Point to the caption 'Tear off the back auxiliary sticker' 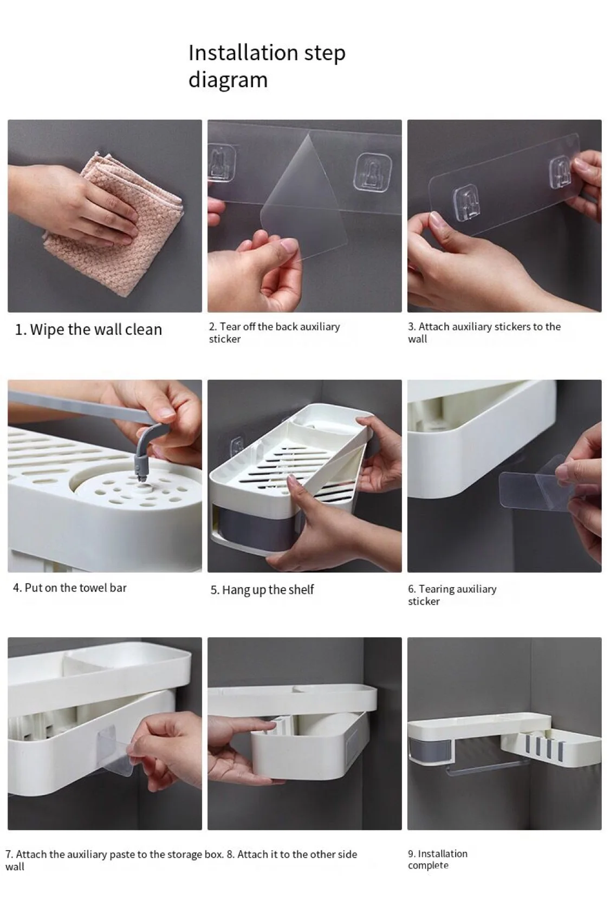275,333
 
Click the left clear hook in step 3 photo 466,201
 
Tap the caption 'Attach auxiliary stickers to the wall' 484,333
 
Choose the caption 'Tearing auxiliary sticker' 452,595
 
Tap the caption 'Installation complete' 438,859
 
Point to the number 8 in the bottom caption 230,854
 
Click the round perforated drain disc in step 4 135,491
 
